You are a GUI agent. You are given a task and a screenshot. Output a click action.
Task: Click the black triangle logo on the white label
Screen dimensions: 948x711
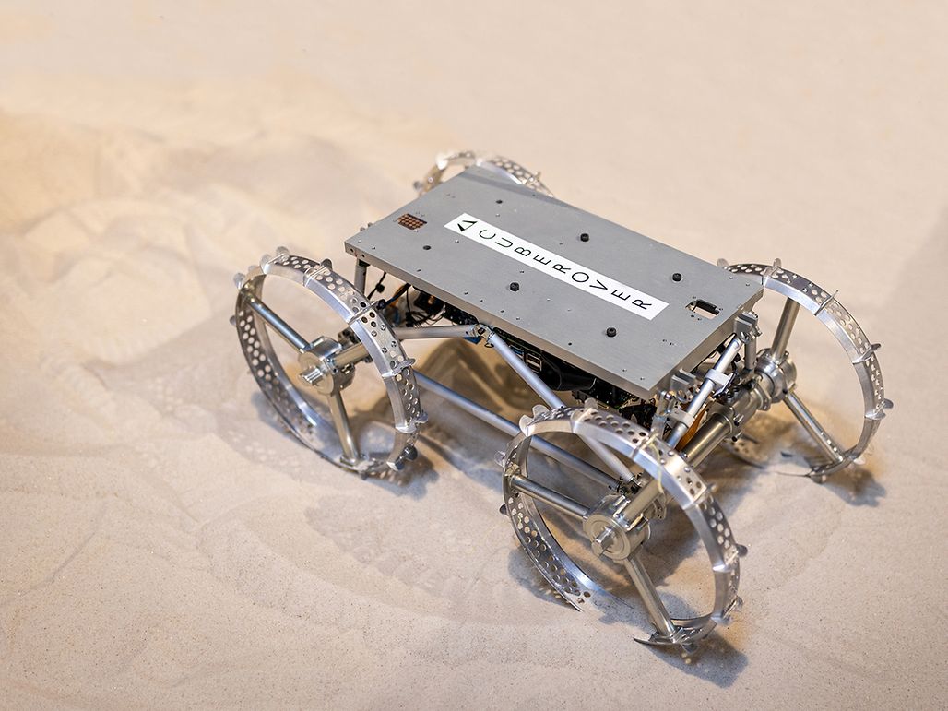point(466,226)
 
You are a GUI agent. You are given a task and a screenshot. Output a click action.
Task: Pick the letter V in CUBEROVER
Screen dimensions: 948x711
point(598,286)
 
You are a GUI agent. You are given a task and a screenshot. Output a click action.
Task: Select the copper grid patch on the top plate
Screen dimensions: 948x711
point(411,221)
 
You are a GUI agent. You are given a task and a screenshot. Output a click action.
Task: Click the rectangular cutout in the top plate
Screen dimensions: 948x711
point(705,307)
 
